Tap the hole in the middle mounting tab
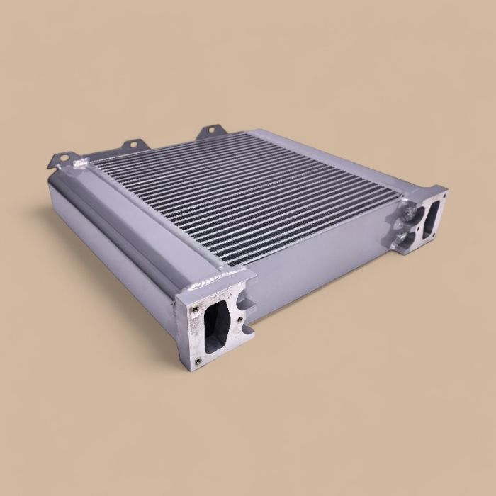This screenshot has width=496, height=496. point(130,146)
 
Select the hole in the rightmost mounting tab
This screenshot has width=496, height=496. point(210,131)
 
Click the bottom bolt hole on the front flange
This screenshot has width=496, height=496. point(198,360)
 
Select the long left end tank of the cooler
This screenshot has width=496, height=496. point(120,227)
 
